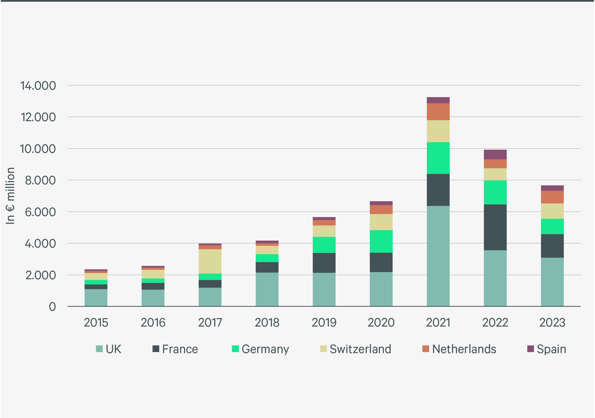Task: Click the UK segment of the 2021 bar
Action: (438, 256)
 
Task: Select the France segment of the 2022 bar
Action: (495, 227)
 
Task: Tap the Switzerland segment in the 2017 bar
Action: (210, 261)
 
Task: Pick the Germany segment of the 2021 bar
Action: (438, 158)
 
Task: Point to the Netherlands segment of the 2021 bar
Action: (438, 112)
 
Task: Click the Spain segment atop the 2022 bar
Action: (495, 155)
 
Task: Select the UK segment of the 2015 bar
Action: (96, 298)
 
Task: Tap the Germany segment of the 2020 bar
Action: (381, 241)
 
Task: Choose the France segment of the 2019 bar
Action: (324, 263)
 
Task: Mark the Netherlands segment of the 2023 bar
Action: (552, 197)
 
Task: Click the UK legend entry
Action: (109, 349)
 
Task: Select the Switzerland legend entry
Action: (356, 349)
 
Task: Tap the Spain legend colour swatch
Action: (531, 349)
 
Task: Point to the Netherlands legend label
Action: (464, 349)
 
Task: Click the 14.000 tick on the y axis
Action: (38, 86)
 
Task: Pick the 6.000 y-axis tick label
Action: (40, 212)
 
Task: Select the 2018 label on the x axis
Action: (267, 323)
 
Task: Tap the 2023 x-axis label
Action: (552, 323)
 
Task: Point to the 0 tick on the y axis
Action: (52, 307)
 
